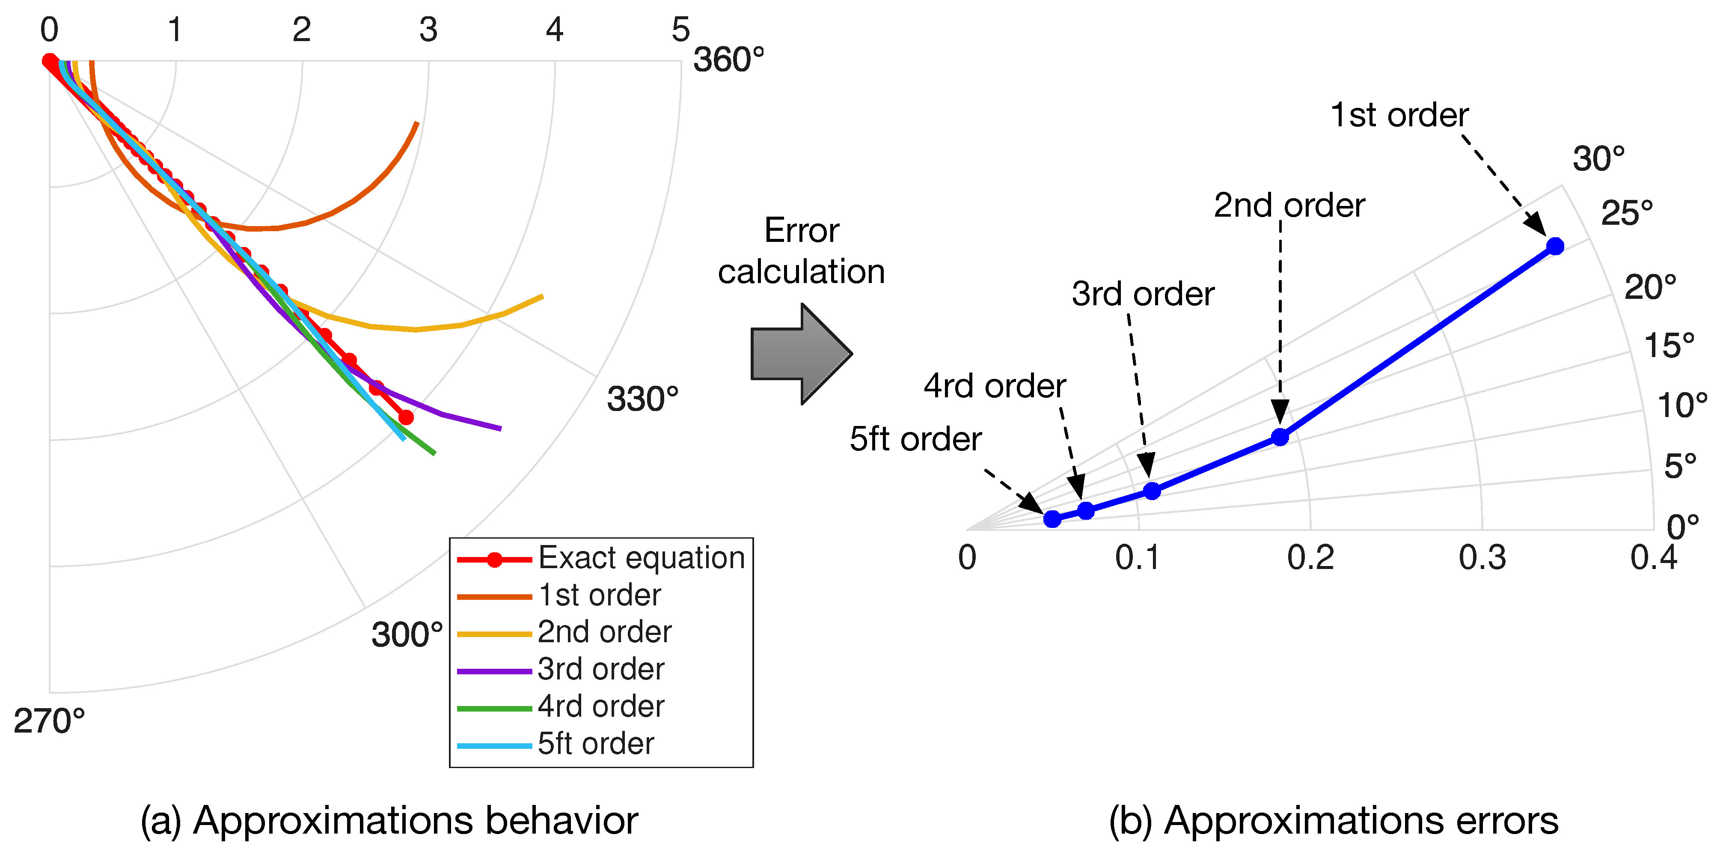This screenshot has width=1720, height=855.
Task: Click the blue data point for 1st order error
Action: pos(1555,247)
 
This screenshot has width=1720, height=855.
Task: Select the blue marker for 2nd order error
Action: pos(1280,438)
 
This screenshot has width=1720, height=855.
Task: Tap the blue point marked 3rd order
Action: pos(1152,491)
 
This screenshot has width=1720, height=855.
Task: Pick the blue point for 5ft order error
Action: pos(1052,519)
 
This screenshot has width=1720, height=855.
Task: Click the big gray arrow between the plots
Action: pos(801,354)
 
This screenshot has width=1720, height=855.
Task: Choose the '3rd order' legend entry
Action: pos(601,669)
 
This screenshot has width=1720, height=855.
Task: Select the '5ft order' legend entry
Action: pos(596,743)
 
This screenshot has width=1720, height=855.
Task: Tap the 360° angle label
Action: pos(728,60)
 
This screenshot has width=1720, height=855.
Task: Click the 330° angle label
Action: pos(642,399)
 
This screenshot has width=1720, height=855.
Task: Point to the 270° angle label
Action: pos(49,721)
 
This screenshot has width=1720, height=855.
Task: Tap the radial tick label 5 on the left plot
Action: pos(680,30)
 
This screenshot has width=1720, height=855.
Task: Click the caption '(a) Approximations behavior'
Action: pos(389,820)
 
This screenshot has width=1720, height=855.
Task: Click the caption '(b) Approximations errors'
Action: pos(1334,820)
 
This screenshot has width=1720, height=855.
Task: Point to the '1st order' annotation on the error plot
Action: pos(1399,116)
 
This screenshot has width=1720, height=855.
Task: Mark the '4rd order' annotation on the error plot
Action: pos(995,386)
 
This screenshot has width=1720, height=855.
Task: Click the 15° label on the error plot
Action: pos(1669,346)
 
